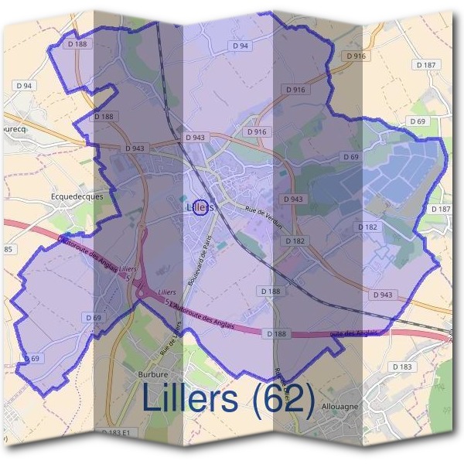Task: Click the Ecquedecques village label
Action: pyautogui.click(x=77, y=196)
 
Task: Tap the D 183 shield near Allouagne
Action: pyautogui.click(x=402, y=366)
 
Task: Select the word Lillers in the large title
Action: pyautogui.click(x=190, y=400)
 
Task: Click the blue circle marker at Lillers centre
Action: pyautogui.click(x=200, y=207)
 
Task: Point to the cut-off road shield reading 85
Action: pyautogui.click(x=8, y=249)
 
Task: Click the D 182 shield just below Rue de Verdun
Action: pyautogui.click(x=294, y=241)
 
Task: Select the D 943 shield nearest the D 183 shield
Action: pyautogui.click(x=382, y=295)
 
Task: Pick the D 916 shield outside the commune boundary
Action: pyautogui.click(x=357, y=56)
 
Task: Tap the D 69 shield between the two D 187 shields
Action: pyautogui.click(x=418, y=121)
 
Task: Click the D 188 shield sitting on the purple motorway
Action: pyautogui.click(x=275, y=333)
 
